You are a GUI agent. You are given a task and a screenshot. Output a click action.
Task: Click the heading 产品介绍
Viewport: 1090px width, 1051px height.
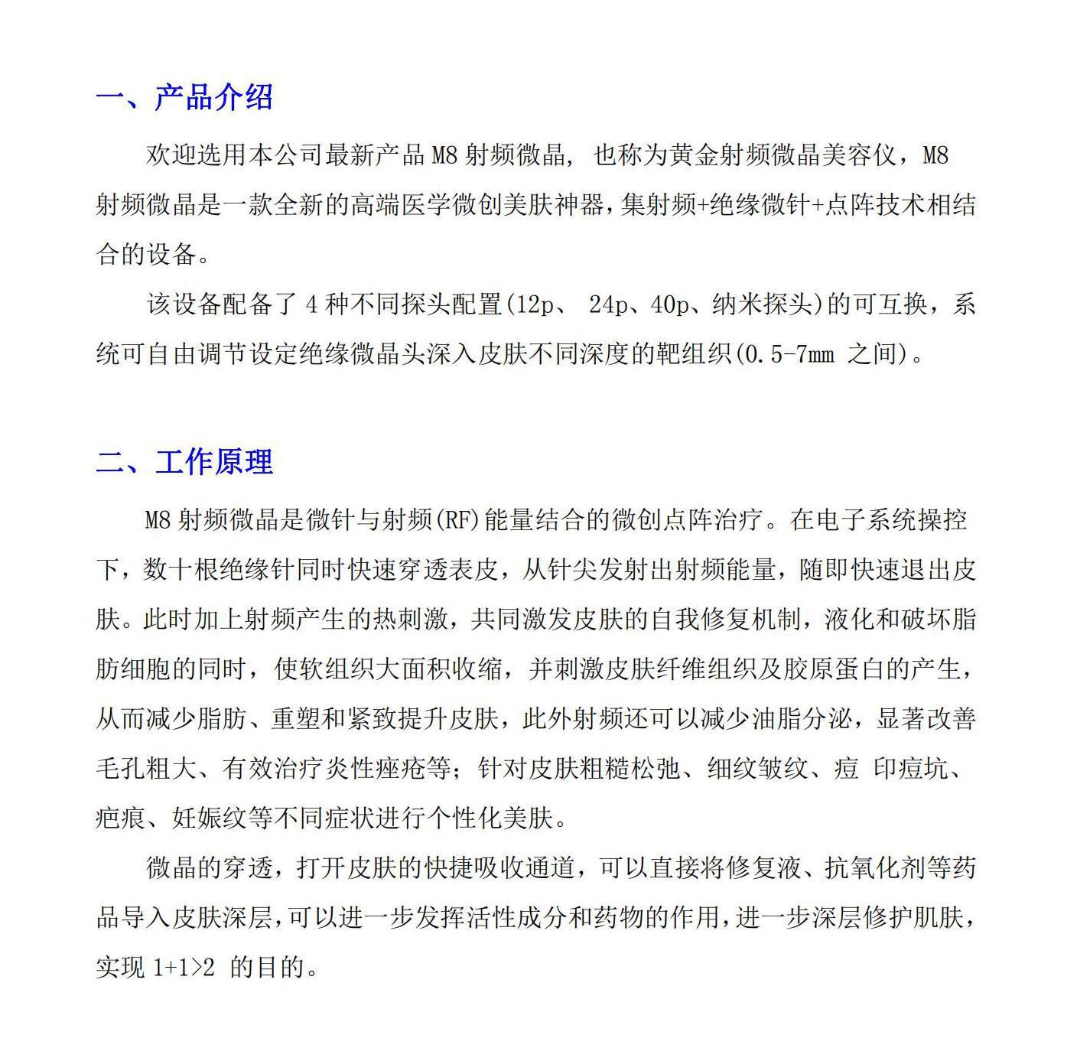(213, 97)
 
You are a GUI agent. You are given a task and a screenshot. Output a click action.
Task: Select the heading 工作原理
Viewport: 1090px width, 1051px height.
(214, 462)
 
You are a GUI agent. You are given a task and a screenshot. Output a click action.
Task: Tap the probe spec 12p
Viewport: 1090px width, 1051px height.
(534, 304)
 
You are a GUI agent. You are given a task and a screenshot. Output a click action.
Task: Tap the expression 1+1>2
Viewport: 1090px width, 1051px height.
(184, 967)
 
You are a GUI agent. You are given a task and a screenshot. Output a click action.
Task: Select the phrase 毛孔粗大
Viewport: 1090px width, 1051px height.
(145, 769)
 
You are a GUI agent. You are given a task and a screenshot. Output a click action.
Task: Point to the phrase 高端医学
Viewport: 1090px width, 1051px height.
(400, 205)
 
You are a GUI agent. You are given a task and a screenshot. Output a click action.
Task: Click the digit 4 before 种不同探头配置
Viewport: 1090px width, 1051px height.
(311, 304)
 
